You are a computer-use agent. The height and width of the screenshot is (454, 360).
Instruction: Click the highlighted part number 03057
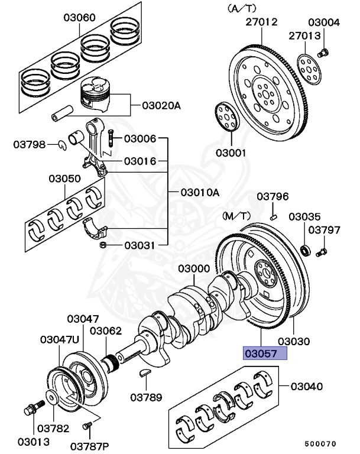[x=263, y=354]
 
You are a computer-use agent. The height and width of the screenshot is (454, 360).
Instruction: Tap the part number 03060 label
[x=79, y=18]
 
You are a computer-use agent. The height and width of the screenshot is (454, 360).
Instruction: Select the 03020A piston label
[x=161, y=106]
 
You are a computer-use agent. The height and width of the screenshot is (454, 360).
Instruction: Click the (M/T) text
[x=236, y=216]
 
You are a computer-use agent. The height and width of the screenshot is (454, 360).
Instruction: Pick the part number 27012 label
[x=261, y=23]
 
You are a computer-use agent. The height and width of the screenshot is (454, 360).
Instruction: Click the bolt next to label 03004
[x=323, y=53]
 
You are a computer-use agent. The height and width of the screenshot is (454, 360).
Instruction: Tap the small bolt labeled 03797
[x=320, y=253]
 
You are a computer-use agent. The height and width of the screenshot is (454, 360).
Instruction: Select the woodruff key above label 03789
[x=145, y=372]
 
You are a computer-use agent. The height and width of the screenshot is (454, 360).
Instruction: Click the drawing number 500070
[x=320, y=443]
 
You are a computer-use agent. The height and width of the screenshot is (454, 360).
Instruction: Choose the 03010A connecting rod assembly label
[x=200, y=192]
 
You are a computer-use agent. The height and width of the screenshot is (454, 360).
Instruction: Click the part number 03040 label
[x=306, y=387]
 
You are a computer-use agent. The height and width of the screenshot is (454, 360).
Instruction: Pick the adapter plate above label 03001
[x=225, y=116]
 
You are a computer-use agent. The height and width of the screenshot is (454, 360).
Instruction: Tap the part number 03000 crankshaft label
[x=193, y=269]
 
